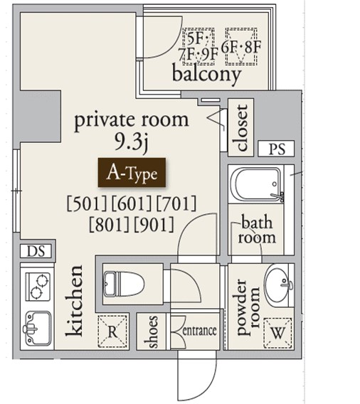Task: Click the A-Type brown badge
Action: tap(132, 172)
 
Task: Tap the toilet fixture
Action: tap(123, 284)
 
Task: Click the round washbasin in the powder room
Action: tap(280, 285)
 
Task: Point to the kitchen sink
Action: tap(38, 328)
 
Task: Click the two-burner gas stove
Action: tap(38, 287)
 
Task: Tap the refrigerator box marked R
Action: tap(112, 331)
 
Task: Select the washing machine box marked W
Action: tap(277, 333)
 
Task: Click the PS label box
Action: tap(276, 149)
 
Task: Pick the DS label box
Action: tap(36, 251)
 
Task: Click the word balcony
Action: tap(206, 75)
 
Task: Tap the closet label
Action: tap(242, 127)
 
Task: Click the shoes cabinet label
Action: tap(151, 331)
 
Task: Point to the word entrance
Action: tap(199, 331)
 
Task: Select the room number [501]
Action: tap(86, 203)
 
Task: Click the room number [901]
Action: tap(154, 225)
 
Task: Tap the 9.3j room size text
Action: tap(132, 142)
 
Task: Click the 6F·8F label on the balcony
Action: tap(241, 47)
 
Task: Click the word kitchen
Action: tap(74, 301)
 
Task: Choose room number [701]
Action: tap(176, 203)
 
